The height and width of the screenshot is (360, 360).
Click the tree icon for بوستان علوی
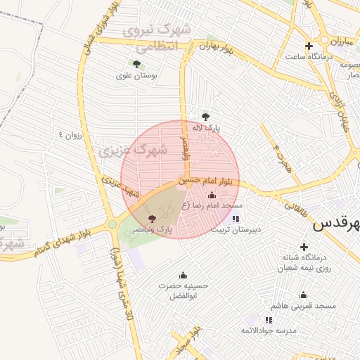pos(136,64)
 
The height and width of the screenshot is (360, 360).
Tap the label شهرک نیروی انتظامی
pos(157,39)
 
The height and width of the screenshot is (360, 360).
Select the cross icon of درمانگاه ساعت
pos(309,46)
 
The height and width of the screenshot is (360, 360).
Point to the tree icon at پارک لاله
pos(205,117)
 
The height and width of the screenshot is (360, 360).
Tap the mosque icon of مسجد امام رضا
pos(212,195)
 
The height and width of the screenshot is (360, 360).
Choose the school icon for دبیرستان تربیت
pos(235,219)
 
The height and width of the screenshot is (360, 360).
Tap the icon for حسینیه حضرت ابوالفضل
pos(184,274)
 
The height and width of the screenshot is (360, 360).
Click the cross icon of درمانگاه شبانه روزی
pos(304,247)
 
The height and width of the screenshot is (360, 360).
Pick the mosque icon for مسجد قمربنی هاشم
pos(303,295)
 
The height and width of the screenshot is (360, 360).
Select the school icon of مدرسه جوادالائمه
pos(269,320)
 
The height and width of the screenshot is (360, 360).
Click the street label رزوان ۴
pos(71,135)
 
